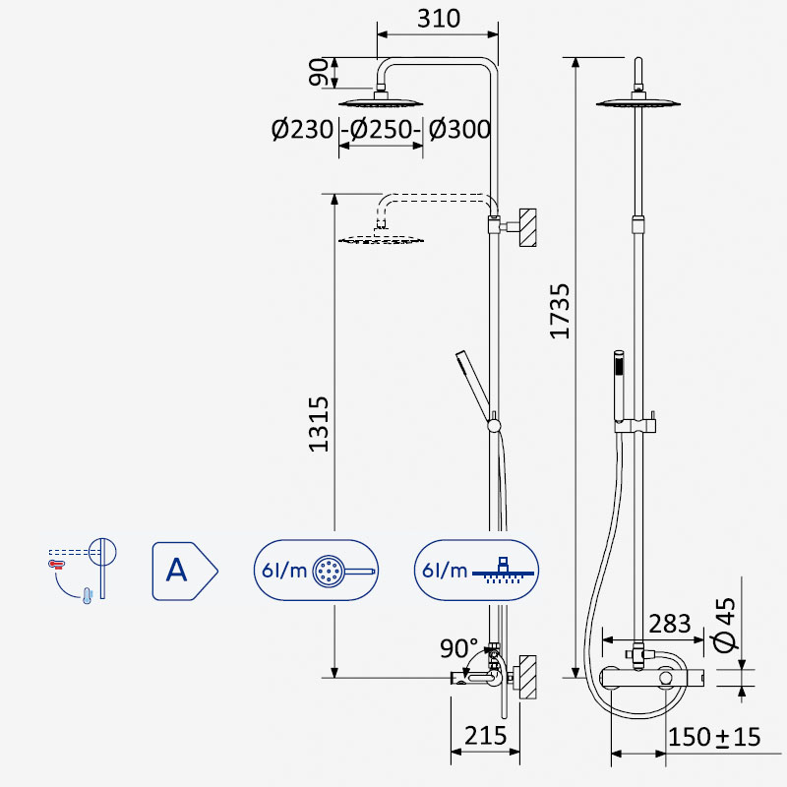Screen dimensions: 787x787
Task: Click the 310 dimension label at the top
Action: (x=438, y=19)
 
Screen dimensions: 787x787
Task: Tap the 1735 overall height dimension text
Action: (x=560, y=312)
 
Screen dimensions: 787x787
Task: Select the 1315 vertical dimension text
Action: (x=319, y=424)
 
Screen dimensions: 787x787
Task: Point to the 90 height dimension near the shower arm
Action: (x=318, y=72)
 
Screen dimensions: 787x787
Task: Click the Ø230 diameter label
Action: (x=302, y=129)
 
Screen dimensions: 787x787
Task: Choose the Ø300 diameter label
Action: (x=459, y=129)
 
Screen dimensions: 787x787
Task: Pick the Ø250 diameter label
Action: (x=381, y=129)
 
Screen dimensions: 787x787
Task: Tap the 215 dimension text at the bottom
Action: (x=485, y=736)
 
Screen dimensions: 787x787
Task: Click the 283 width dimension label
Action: (x=670, y=624)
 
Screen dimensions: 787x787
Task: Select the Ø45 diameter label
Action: (x=725, y=625)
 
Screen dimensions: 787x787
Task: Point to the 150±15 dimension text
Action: (x=715, y=737)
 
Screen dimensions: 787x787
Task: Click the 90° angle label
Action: (x=458, y=648)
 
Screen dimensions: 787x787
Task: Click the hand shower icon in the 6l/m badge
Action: (x=343, y=572)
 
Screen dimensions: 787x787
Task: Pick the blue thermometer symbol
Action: (x=88, y=595)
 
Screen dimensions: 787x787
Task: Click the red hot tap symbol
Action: (x=56, y=565)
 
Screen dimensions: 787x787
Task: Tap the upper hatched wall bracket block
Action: (x=527, y=227)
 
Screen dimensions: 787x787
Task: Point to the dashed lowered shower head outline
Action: (x=382, y=239)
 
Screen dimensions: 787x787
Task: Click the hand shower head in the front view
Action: (x=619, y=362)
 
